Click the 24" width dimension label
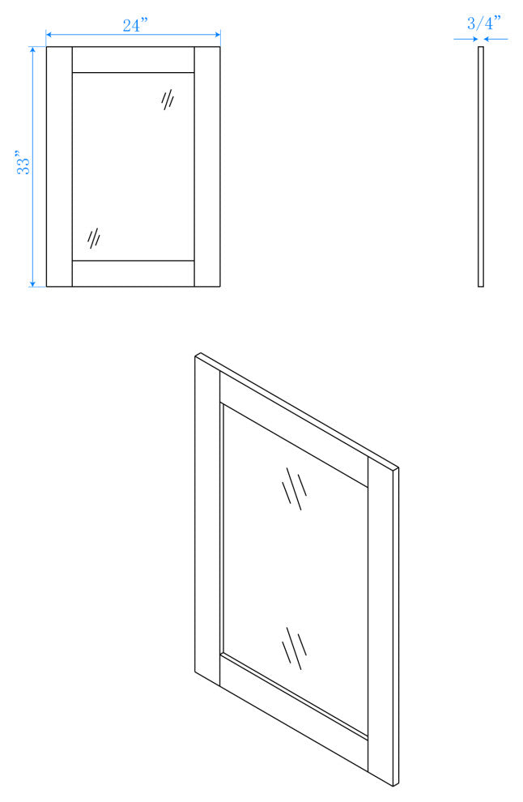(135, 25)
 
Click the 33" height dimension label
(24, 163)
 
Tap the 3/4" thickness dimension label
(483, 23)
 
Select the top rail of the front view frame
(134, 60)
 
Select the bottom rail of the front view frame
(134, 274)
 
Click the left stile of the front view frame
(59, 167)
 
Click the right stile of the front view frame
(207, 167)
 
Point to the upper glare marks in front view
(168, 99)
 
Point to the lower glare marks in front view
(94, 238)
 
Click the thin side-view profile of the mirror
(481, 167)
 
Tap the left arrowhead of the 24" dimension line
(49, 35)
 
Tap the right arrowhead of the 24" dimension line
(218, 35)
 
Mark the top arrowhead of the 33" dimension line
(32, 49)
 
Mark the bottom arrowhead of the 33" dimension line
(32, 284)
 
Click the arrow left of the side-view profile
(466, 39)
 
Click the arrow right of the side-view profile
(496, 39)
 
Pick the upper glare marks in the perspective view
(295, 488)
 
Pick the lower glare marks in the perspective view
(295, 648)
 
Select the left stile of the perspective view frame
(207, 519)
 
